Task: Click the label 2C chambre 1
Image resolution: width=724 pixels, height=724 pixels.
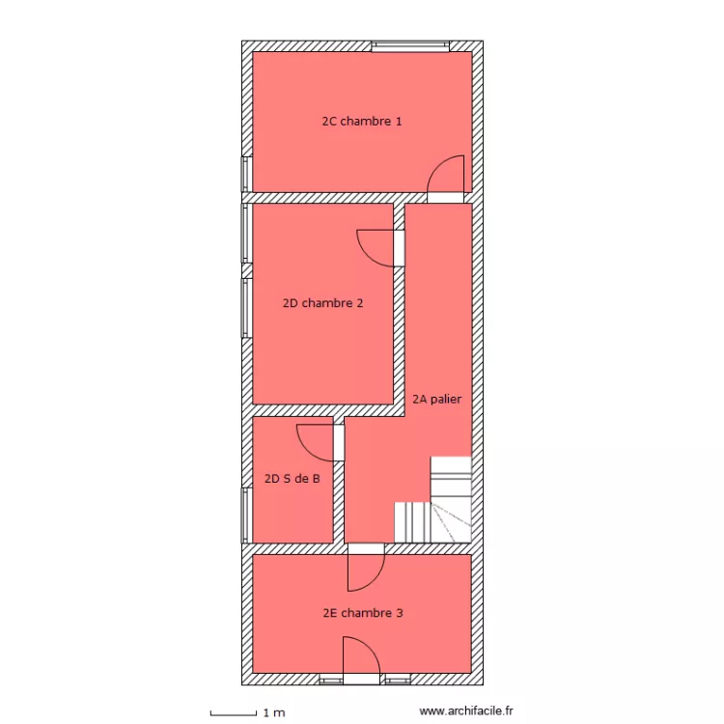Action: [x=361, y=122]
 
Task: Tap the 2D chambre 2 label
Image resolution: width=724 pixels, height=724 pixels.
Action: [x=322, y=303]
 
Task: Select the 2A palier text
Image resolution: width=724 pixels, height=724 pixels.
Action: [x=436, y=398]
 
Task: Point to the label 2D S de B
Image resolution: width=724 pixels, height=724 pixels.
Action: [x=292, y=476]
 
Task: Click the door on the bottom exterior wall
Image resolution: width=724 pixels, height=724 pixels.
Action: [x=361, y=660]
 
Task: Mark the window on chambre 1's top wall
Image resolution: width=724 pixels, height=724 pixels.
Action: [x=410, y=45]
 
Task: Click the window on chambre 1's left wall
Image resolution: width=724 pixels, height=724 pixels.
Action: [x=246, y=174]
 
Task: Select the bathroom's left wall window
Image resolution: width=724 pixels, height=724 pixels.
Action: [x=246, y=515]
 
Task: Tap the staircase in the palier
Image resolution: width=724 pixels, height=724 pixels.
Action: [x=433, y=501]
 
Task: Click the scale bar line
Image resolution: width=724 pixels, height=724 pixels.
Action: [x=233, y=713]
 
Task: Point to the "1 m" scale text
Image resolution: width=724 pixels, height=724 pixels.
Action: [x=274, y=713]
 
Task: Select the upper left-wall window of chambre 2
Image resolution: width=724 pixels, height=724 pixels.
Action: [x=246, y=233]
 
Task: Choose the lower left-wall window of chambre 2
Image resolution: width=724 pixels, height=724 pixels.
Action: [x=246, y=308]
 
